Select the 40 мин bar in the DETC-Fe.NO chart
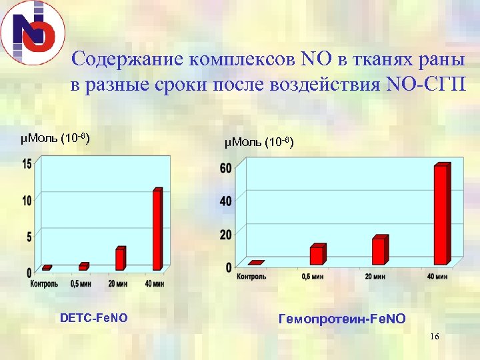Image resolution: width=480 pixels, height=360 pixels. point(157,229)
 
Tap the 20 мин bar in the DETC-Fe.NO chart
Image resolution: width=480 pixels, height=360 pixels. point(120,259)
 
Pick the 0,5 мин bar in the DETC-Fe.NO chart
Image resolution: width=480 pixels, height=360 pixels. point(83,266)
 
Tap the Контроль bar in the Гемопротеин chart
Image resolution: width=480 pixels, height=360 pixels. point(256,263)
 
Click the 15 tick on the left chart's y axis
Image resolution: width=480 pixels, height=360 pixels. point(27,164)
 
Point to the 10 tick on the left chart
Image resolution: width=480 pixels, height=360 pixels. point(27,200)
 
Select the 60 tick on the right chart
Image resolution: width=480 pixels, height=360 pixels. point(226,168)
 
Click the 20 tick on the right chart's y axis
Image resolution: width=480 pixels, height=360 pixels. point(226,235)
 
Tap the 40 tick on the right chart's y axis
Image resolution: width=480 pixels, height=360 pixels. point(226,201)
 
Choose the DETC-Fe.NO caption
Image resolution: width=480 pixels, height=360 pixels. point(93,319)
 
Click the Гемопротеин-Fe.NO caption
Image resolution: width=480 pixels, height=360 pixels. point(341,319)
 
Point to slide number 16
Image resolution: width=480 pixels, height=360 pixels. point(435,337)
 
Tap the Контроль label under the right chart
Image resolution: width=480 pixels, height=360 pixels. point(252,277)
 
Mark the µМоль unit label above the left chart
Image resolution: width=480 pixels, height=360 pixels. point(55,139)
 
